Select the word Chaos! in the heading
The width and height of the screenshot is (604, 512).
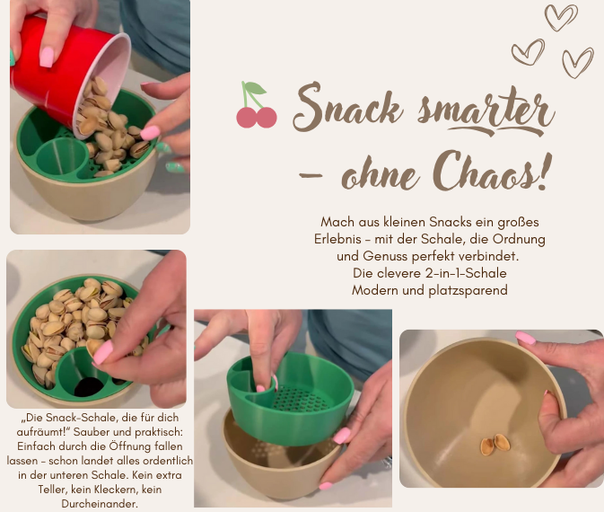491,170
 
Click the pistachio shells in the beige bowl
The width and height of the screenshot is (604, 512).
490,444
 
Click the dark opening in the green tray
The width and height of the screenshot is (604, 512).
88,387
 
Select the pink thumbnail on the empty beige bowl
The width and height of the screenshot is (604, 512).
526,339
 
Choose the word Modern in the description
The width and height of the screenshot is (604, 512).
376,290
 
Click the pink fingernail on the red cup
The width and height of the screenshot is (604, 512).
46,57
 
